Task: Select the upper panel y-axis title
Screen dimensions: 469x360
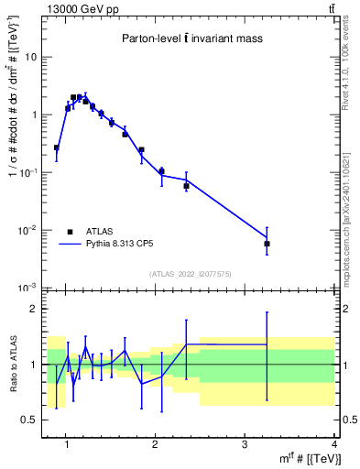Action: click(12, 147)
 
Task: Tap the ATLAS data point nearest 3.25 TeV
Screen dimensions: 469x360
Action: click(267, 244)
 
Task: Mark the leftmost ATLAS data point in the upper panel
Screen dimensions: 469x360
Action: click(57, 147)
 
